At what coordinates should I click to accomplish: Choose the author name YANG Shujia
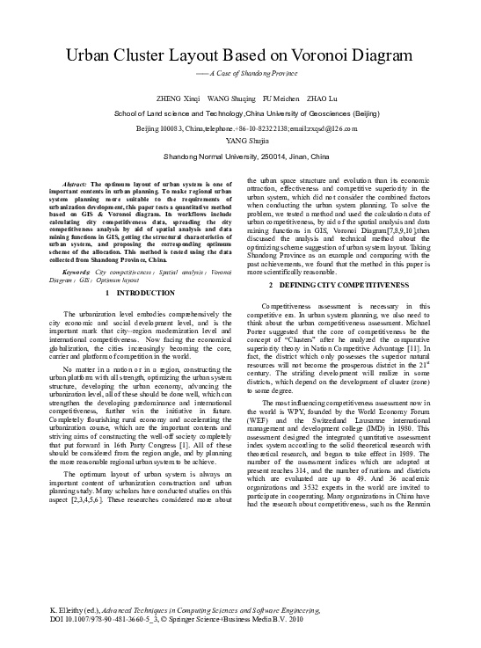point(239,139)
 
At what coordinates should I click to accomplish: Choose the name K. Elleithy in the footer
point(69,608)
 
